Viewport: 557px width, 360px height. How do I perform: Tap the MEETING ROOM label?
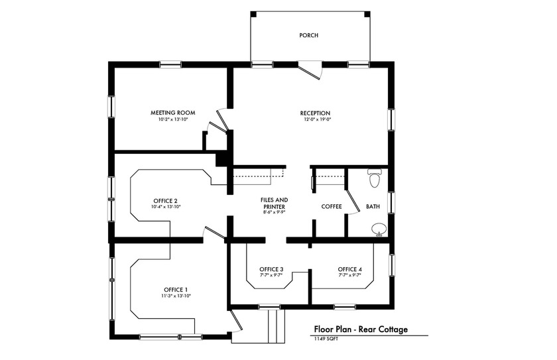(172, 113)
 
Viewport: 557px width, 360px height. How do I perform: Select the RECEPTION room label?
(315, 113)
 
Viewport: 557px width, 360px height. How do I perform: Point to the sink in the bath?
(379, 229)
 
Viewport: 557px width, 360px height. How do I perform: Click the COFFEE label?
(332, 206)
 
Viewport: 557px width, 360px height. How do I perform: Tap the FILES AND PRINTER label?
(274, 203)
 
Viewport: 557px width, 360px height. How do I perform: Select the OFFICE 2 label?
(165, 200)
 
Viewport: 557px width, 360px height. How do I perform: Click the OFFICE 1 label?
(176, 290)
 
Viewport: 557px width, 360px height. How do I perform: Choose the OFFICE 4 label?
(349, 269)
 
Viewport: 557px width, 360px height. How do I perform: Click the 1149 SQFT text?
(327, 338)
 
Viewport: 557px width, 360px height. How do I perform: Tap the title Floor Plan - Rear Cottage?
(360, 329)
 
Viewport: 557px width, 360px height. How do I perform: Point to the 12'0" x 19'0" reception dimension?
(315, 120)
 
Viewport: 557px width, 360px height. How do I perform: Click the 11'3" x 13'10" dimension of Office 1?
(176, 296)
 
